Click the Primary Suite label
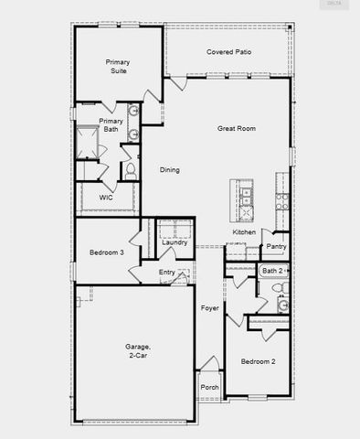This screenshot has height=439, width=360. [117, 66]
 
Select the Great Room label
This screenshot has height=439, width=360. [236, 129]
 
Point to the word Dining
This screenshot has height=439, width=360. [170, 170]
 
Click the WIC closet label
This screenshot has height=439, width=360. [106, 197]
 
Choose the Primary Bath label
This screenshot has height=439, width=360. [111, 124]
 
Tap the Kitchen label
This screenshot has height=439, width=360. [244, 232]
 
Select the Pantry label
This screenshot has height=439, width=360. [276, 246]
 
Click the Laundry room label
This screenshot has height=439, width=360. [175, 242]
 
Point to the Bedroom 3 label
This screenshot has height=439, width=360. [106, 252]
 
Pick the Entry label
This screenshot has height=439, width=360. [167, 273]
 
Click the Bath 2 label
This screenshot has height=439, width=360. [272, 271]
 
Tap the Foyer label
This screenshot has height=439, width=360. [209, 309]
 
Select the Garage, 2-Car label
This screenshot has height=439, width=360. [138, 351]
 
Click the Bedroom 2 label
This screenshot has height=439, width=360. [258, 362]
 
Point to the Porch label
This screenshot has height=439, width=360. [209, 387]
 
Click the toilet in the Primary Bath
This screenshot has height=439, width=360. [130, 170]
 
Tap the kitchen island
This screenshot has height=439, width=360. [245, 201]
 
